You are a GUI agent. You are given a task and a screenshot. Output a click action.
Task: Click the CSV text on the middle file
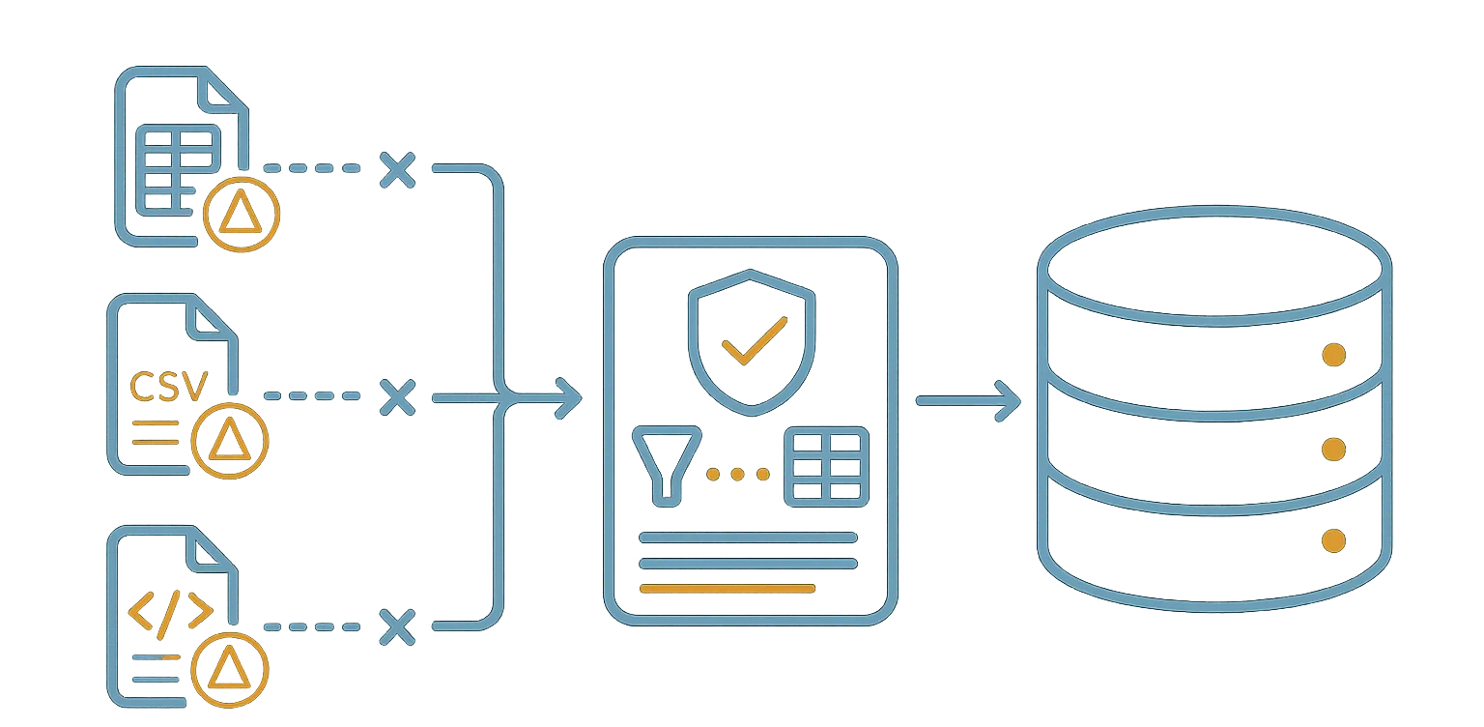coord(168,387)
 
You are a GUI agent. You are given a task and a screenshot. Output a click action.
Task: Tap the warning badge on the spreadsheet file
coord(242,214)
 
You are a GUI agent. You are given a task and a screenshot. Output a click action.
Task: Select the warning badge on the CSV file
coord(230,440)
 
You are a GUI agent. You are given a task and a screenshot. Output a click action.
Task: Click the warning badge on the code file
coord(230,669)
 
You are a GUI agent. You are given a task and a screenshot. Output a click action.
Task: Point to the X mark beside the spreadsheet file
coord(397,169)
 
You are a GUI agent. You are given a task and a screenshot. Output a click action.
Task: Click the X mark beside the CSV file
coord(397,397)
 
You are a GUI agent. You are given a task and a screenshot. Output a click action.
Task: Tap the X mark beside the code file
coord(397,626)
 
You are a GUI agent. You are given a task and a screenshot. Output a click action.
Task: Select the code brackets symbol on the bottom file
coord(170,614)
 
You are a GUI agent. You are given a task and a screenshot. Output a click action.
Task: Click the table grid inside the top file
coord(178,169)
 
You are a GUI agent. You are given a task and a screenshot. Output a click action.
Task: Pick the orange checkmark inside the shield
coord(755,340)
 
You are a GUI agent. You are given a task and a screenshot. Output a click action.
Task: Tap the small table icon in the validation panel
coord(826,467)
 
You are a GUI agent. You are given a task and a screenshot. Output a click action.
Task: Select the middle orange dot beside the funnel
coord(737,474)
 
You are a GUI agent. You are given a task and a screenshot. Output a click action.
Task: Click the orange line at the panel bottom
coord(727,589)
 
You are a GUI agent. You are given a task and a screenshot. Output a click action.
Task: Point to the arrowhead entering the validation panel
coord(570,398)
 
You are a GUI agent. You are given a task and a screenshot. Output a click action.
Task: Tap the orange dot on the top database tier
coord(1333,355)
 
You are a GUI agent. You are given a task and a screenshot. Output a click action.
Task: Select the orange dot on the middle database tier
coord(1333,450)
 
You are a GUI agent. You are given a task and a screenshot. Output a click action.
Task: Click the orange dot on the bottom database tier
coord(1333,540)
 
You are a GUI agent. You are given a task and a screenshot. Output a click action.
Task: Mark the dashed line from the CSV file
coord(312,396)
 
